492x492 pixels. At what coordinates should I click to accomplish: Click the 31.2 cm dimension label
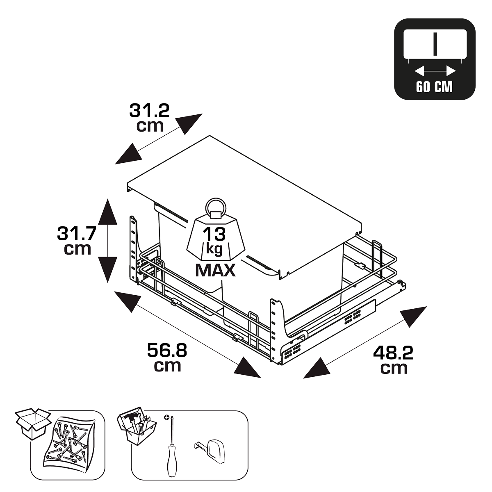coord(149,117)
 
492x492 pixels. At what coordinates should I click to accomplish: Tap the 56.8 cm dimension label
coord(167,358)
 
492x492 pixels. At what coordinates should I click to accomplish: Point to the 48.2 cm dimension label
coord(393,359)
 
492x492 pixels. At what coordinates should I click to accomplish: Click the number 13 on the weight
coord(214,234)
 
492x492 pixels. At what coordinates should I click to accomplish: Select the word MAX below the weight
coord(215,271)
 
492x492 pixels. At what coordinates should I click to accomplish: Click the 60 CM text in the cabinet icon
coord(434,87)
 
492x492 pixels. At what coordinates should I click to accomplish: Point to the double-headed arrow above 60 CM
coord(435,72)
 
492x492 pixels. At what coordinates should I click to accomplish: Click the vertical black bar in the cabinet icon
coord(435,44)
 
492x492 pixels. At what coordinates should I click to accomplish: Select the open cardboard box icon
coord(32,424)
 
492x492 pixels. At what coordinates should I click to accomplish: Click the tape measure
coord(212,451)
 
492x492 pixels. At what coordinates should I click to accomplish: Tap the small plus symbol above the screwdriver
coord(166,417)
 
